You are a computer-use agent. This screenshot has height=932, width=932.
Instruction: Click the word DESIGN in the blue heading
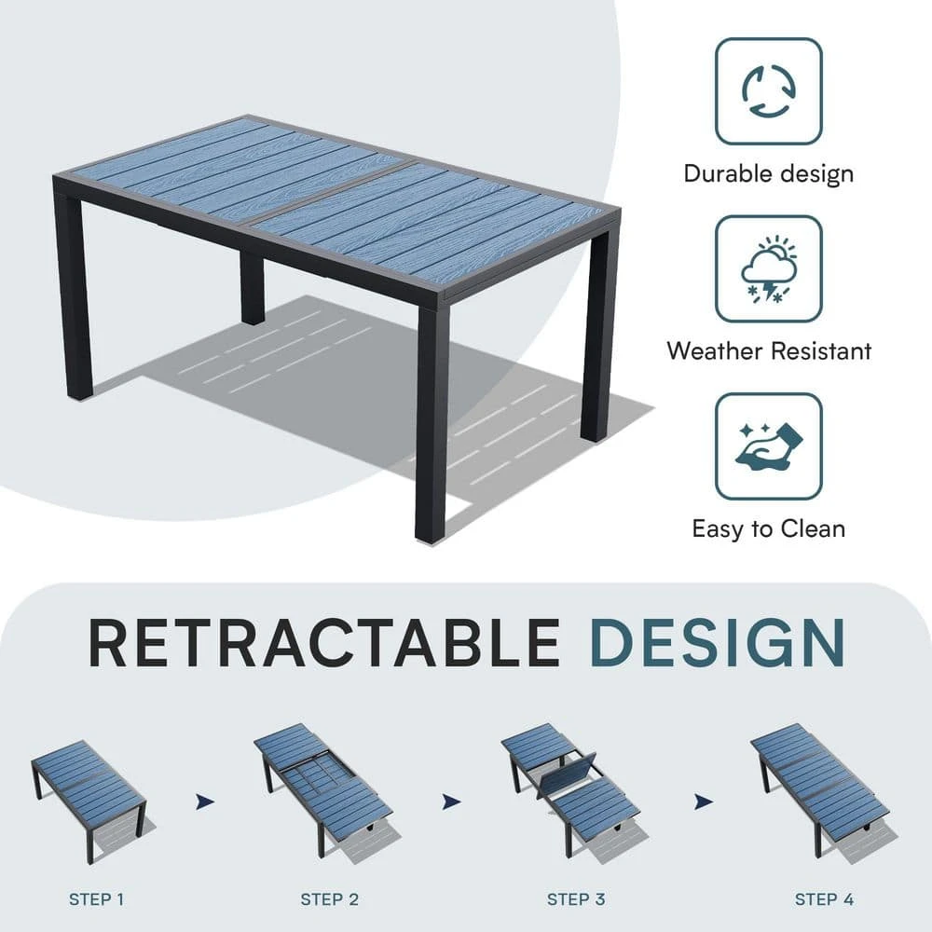tap(719, 642)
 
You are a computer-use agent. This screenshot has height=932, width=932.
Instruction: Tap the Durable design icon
tap(769, 91)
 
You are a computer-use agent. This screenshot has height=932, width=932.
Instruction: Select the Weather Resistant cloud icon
tap(769, 268)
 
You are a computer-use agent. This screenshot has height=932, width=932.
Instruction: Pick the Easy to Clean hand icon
tap(769, 446)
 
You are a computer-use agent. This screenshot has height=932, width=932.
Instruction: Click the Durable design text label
tap(769, 173)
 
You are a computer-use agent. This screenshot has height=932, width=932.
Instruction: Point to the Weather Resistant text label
tap(769, 351)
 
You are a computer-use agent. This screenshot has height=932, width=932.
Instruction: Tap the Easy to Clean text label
tap(769, 529)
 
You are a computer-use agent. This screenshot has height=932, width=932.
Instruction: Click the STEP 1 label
tap(96, 899)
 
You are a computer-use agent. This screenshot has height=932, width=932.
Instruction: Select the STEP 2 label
tap(329, 899)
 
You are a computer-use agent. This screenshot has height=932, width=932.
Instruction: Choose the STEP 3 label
tap(576, 899)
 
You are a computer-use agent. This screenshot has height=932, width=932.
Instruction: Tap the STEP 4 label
tap(824, 899)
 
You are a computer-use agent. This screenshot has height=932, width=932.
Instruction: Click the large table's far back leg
tap(252, 289)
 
